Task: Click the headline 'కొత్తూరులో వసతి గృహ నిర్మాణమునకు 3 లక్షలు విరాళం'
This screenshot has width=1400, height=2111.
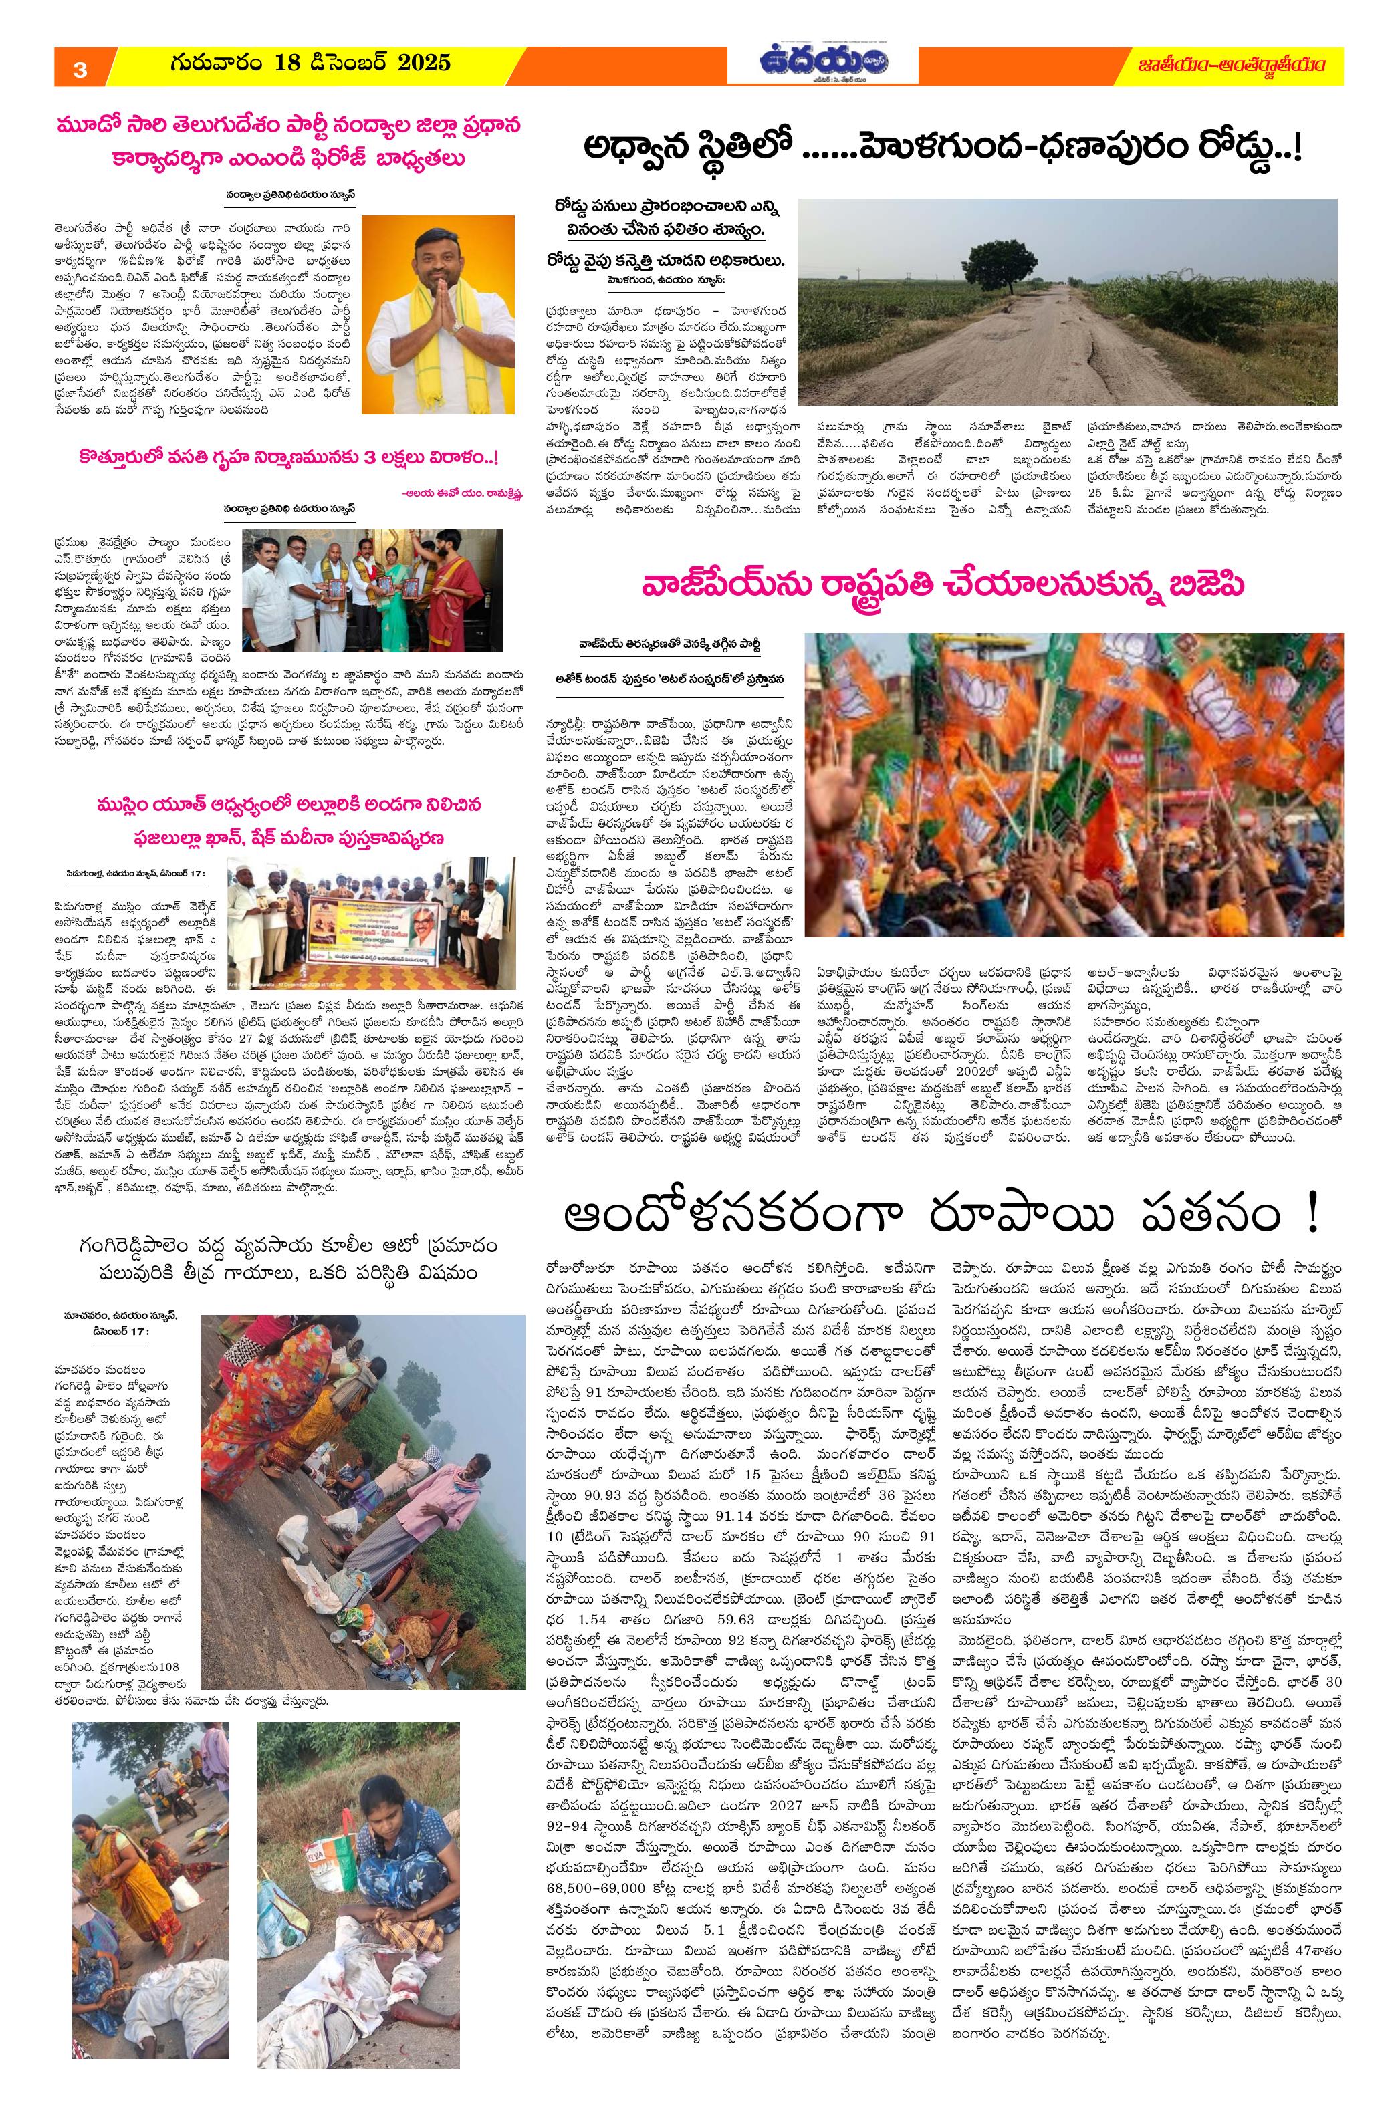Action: point(289,458)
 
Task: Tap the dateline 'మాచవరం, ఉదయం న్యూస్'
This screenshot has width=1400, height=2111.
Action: point(120,1315)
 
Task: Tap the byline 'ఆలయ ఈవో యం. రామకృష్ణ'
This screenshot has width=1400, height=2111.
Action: point(459,489)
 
